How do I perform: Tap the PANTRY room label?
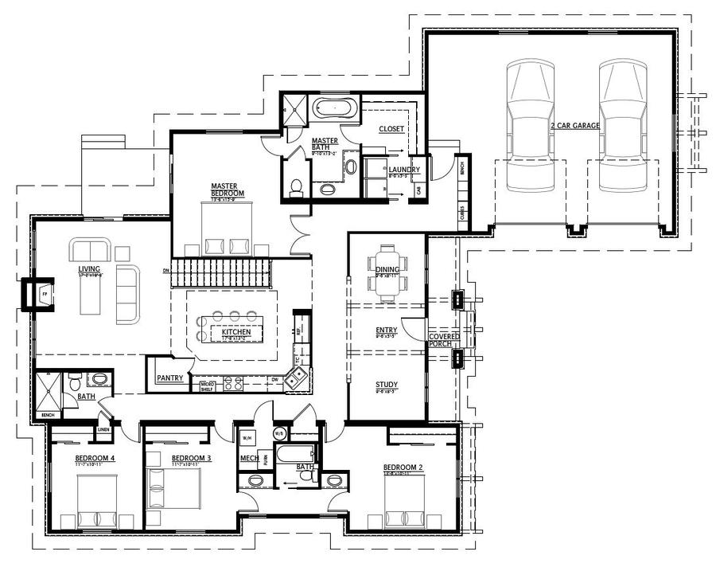[x=170, y=378]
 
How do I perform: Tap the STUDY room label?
[x=387, y=385]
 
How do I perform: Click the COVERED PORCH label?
[x=444, y=340]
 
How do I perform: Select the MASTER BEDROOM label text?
[x=228, y=190]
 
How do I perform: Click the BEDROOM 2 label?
[x=400, y=467]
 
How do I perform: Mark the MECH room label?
[x=247, y=459]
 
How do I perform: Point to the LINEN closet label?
[x=103, y=430]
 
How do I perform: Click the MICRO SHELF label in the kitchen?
[x=208, y=386]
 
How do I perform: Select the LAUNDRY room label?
[x=404, y=169]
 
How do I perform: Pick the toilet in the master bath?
[x=297, y=186]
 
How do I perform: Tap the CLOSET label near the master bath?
[x=391, y=128]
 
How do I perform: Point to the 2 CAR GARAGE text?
[x=574, y=126]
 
